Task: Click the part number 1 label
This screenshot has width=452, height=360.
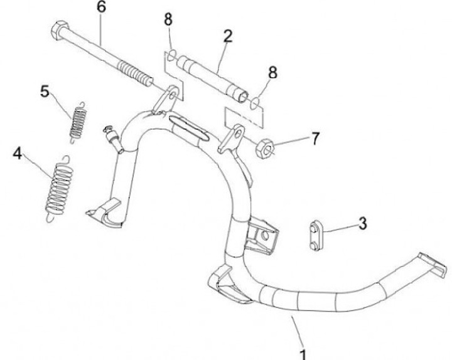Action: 304,353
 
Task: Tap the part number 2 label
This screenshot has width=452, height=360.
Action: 227,35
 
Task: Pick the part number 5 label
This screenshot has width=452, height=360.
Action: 45,92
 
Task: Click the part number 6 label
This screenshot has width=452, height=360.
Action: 101,8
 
